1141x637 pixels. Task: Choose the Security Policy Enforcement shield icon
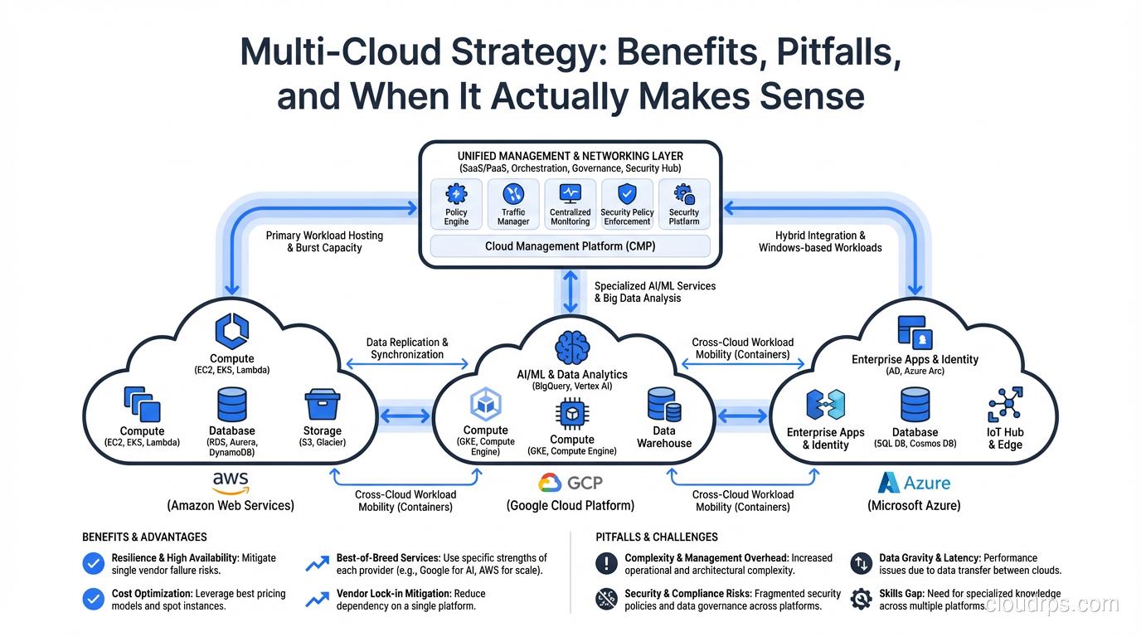(x=627, y=194)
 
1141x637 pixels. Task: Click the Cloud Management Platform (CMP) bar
(x=570, y=246)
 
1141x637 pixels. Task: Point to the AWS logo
(x=231, y=482)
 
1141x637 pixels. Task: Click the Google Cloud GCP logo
(x=570, y=483)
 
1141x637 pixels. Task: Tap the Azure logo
(x=914, y=483)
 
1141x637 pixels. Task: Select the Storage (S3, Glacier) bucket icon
(x=323, y=405)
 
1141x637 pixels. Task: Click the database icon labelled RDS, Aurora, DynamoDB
(x=231, y=405)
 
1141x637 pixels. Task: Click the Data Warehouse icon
(x=664, y=405)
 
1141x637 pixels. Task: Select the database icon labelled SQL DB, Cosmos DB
(x=915, y=406)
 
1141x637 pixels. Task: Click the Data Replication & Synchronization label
(x=407, y=348)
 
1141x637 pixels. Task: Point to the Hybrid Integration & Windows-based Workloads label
(x=820, y=241)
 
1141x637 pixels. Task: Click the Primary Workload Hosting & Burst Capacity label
(x=324, y=241)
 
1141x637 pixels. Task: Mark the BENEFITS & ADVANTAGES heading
(x=144, y=537)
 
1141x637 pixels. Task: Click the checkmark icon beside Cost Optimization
(x=94, y=599)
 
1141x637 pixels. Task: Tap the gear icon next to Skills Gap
(x=861, y=599)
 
